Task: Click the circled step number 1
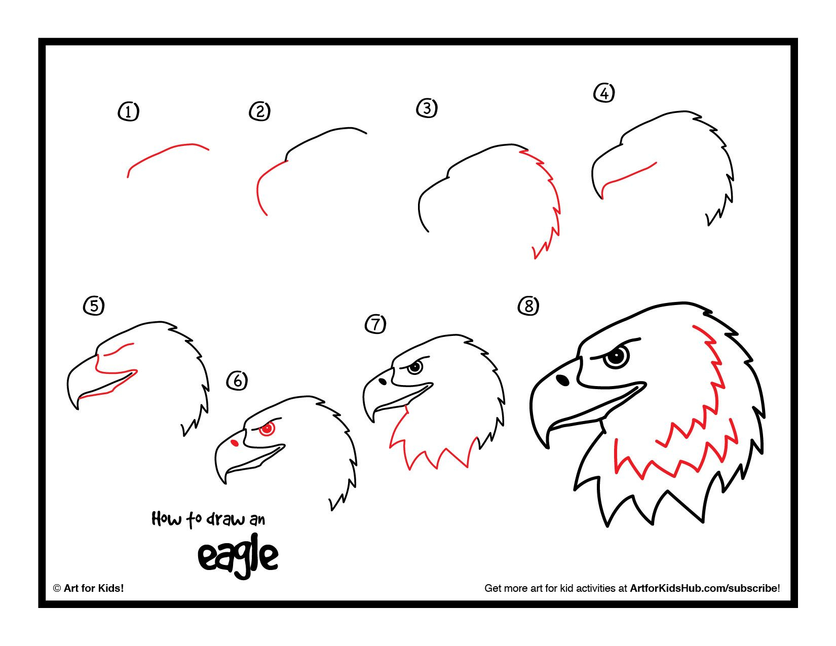(x=128, y=111)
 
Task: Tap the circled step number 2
(x=259, y=111)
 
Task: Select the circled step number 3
(x=427, y=108)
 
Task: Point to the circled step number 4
(x=604, y=93)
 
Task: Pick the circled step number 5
(x=94, y=306)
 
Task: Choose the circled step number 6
(x=237, y=381)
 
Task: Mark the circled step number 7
(x=375, y=324)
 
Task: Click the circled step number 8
(x=528, y=306)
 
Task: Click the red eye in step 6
(x=267, y=429)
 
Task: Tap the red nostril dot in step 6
(x=235, y=443)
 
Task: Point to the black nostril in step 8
(x=562, y=379)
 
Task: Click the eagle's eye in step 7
(x=415, y=367)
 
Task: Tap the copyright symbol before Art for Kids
(x=57, y=588)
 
